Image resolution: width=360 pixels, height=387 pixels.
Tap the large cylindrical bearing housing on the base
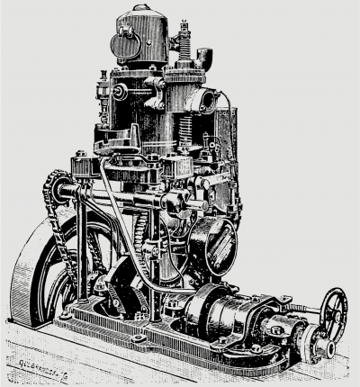pyautogui.click(x=211, y=315)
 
